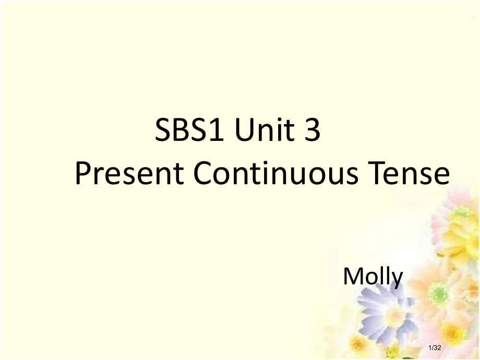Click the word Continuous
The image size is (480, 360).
pyautogui.click(x=276, y=174)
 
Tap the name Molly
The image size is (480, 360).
pyautogui.click(x=373, y=277)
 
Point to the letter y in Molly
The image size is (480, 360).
pyautogui.click(x=397, y=279)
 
